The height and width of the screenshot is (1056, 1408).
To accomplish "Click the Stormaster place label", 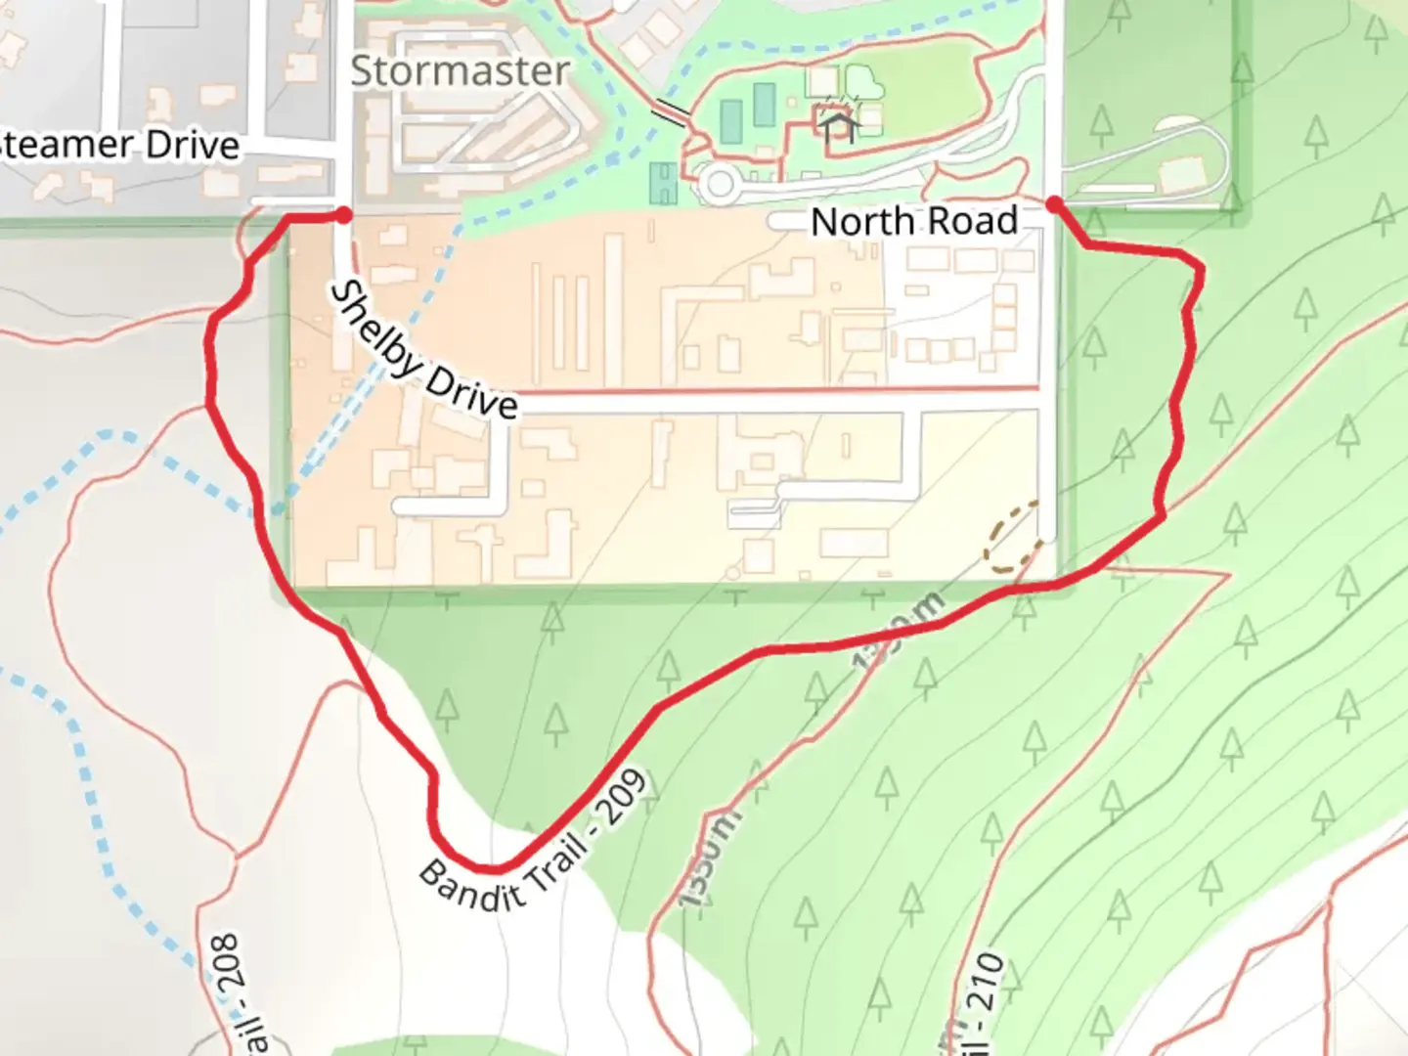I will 460,70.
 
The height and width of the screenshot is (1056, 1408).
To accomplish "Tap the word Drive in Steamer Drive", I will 193,146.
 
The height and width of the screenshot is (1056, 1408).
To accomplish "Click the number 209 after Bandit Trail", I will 623,796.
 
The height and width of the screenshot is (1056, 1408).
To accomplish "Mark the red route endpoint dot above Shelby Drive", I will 343,214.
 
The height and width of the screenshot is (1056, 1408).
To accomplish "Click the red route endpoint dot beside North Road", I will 1054,203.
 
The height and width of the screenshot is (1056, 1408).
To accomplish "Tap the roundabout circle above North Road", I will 720,183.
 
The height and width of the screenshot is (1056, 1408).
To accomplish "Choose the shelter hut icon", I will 838,125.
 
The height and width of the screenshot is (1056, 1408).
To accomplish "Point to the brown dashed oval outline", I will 1012,538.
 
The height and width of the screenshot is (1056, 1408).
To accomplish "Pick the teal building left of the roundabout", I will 664,183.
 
